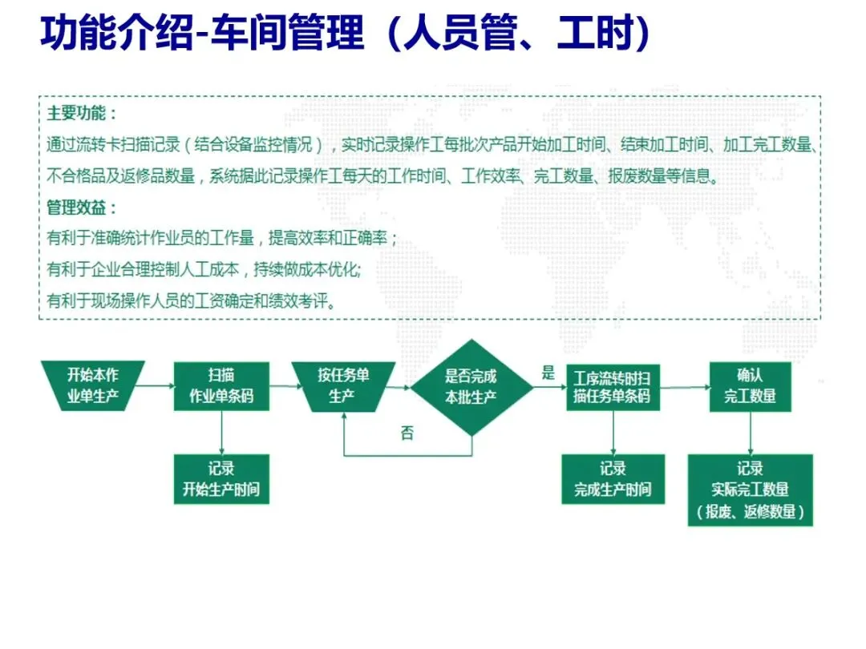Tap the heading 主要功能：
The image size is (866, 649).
click(x=82, y=113)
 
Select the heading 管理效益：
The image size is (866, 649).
click(x=82, y=208)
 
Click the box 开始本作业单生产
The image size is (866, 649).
click(x=93, y=385)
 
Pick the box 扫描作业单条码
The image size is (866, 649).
click(x=221, y=385)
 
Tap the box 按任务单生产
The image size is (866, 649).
click(x=343, y=385)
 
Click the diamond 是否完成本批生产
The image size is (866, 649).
click(x=471, y=386)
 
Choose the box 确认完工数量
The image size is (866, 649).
click(x=750, y=385)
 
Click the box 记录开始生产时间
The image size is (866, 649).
click(x=221, y=479)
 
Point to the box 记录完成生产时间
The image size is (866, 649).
click(x=613, y=479)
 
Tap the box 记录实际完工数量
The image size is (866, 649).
click(x=750, y=490)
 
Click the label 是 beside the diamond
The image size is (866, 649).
click(x=548, y=372)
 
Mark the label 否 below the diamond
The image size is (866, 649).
click(x=407, y=433)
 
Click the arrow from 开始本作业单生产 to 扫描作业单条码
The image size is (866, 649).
click(x=159, y=386)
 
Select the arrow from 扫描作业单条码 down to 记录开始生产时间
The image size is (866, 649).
click(x=221, y=433)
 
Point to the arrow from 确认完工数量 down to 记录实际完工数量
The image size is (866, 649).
click(x=750, y=433)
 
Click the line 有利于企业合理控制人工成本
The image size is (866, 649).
click(x=204, y=269)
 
